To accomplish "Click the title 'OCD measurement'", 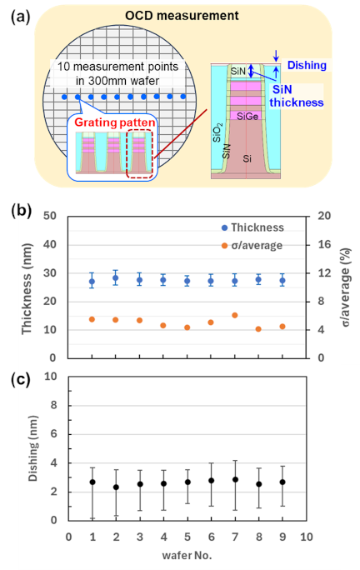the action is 182,16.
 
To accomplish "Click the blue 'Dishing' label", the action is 307,66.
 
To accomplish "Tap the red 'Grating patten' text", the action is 115,122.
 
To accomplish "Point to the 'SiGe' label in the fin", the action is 247,116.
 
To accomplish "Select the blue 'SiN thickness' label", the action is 297,96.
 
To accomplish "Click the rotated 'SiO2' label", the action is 217,132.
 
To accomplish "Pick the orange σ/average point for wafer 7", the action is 235,315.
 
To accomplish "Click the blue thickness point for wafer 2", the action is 116,278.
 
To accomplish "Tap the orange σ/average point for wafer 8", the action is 258,329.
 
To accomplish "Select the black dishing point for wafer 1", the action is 92,482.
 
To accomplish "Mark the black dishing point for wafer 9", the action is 282,482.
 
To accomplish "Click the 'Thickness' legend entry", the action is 252,227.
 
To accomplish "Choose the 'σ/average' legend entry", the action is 252,245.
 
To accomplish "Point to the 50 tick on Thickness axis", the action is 50,216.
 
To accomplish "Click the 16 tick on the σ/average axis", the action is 324,244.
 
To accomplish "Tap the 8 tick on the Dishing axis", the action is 54,405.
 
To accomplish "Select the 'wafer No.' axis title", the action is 187,556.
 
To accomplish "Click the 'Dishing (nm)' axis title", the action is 33,448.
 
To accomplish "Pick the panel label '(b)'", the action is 21,211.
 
